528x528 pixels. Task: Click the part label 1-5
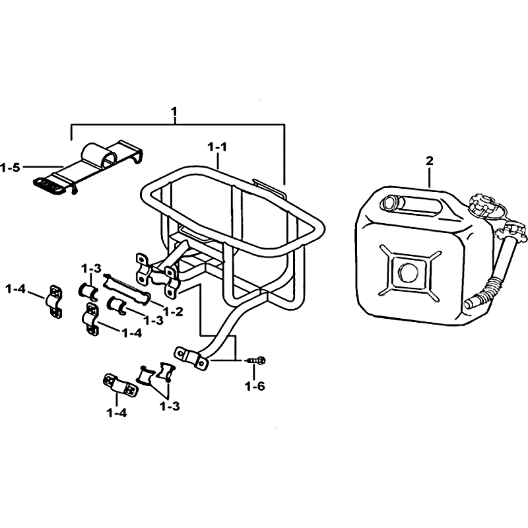(10, 168)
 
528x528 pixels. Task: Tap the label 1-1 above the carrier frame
(217, 147)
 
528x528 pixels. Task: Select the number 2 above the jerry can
(430, 161)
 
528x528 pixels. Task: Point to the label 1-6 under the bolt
(255, 386)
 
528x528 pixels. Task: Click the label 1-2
(174, 312)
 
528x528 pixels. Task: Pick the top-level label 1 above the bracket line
(174, 111)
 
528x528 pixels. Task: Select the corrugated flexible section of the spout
(492, 287)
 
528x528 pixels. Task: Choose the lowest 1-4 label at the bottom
(117, 413)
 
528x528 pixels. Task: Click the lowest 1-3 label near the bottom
(170, 407)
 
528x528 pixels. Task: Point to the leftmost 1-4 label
(15, 288)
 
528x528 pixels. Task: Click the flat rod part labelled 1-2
(127, 288)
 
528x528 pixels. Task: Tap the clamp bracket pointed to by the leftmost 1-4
(54, 302)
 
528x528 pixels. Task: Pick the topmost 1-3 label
(91, 269)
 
